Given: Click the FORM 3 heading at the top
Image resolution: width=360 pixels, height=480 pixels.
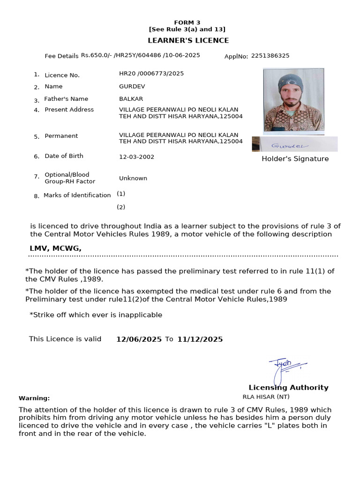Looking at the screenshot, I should (187, 22).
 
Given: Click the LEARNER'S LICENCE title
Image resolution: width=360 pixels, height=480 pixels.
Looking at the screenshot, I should (188, 41).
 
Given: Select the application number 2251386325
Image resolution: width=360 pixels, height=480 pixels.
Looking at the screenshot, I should (270, 56).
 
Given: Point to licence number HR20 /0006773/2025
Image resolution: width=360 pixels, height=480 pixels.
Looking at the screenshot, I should (151, 74).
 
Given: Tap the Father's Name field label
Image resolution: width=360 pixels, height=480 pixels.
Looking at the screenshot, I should (66, 99).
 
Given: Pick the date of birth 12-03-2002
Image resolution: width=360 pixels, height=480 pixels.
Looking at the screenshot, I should (136, 157).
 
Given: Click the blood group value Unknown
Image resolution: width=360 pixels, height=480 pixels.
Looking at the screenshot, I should (133, 178).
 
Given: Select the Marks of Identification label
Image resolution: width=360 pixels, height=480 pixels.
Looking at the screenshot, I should (77, 195).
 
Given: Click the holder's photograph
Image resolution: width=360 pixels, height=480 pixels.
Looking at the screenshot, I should (293, 100).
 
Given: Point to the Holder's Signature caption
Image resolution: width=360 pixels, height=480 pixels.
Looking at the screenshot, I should (295, 159).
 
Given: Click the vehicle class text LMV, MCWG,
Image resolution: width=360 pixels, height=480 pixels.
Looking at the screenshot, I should (55, 248).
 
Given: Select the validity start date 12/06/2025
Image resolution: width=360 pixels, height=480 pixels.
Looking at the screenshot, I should (139, 339).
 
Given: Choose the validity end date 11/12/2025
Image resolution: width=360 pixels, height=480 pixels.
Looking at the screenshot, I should (200, 339).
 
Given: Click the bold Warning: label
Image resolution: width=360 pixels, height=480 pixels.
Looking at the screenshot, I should (34, 398).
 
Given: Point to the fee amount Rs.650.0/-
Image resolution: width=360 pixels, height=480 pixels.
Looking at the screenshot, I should (96, 55).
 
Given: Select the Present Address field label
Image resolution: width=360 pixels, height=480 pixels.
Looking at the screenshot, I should (69, 110).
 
